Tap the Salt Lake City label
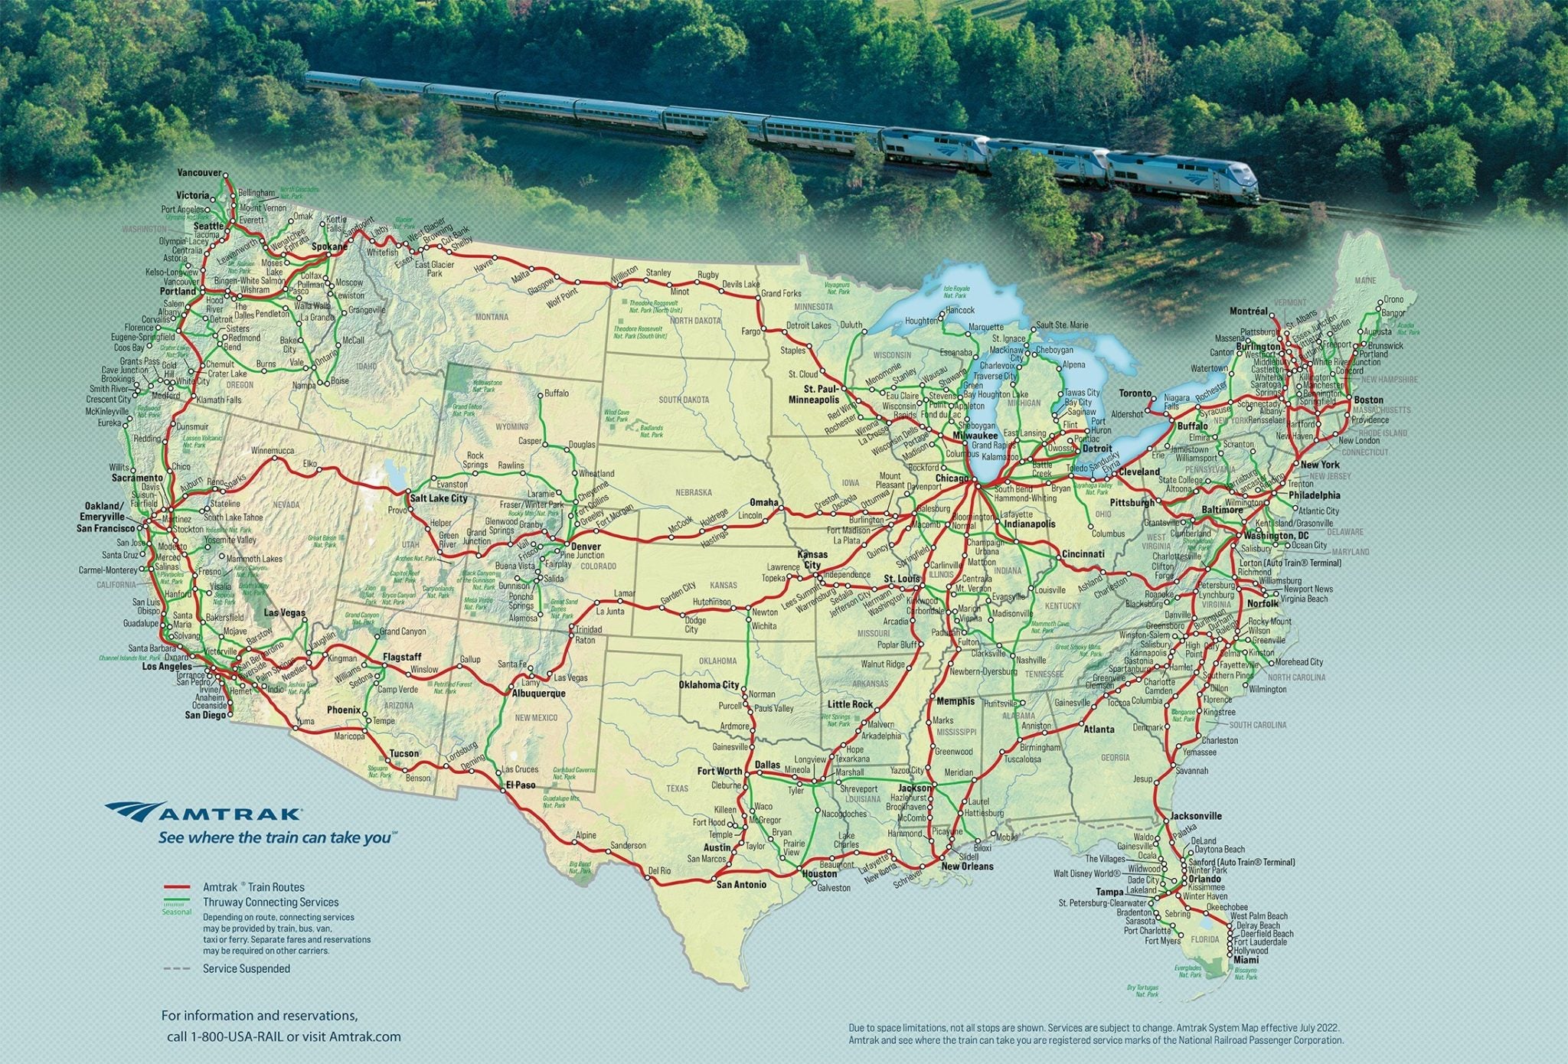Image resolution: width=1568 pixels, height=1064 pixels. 438,498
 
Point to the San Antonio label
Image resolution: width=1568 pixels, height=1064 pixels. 740,884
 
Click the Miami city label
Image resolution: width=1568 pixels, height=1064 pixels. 1246,960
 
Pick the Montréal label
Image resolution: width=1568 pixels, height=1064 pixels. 1249,312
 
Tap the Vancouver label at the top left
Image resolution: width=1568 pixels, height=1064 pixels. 198,173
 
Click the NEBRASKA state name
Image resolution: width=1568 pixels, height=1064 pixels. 693,492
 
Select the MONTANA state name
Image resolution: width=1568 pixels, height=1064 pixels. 491,317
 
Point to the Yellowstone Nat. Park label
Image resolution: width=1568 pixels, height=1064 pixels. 488,385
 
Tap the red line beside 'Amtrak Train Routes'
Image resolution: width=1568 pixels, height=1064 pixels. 177,886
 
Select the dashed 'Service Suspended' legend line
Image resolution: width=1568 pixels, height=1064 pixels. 177,968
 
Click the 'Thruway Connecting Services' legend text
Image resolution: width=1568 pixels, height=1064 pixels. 270,902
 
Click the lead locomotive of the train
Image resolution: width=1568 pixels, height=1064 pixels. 1182,177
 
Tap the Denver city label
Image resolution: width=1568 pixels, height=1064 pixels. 586,547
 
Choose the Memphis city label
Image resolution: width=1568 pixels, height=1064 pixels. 955,701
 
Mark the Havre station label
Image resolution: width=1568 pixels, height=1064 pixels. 482,267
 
